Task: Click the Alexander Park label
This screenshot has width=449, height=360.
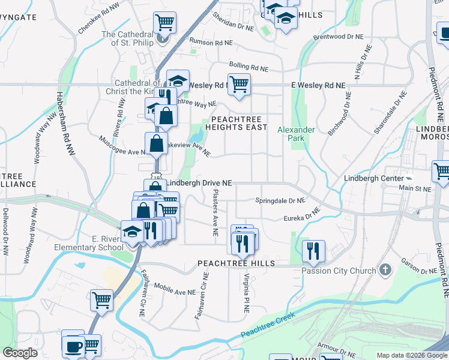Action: point(296,134)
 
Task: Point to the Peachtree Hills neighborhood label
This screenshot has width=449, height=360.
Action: point(237,263)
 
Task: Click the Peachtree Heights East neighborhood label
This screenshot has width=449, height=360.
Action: point(236,123)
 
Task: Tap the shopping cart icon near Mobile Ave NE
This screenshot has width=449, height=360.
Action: point(101,299)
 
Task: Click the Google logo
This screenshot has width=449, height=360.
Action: point(20,353)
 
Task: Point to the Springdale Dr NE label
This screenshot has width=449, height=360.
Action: point(280,200)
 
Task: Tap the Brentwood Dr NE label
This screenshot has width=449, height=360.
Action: point(339,37)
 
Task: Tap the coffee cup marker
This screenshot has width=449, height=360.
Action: point(73,345)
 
